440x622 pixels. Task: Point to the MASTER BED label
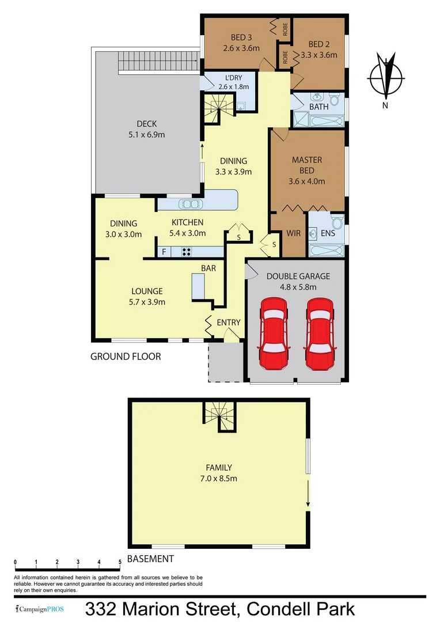coord(308,165)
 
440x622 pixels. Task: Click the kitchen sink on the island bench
coord(189,203)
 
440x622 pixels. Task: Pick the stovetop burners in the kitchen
coord(187,252)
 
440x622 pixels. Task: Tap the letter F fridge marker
coord(164,252)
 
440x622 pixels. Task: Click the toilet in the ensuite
coord(337,222)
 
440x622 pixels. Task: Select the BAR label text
coord(208,268)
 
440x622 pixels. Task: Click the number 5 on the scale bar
coord(120,562)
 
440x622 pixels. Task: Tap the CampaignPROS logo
coord(40,609)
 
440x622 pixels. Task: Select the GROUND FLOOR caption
coord(126,356)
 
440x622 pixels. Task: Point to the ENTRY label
coord(229,323)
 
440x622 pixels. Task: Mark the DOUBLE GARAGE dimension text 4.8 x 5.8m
coord(298,286)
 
